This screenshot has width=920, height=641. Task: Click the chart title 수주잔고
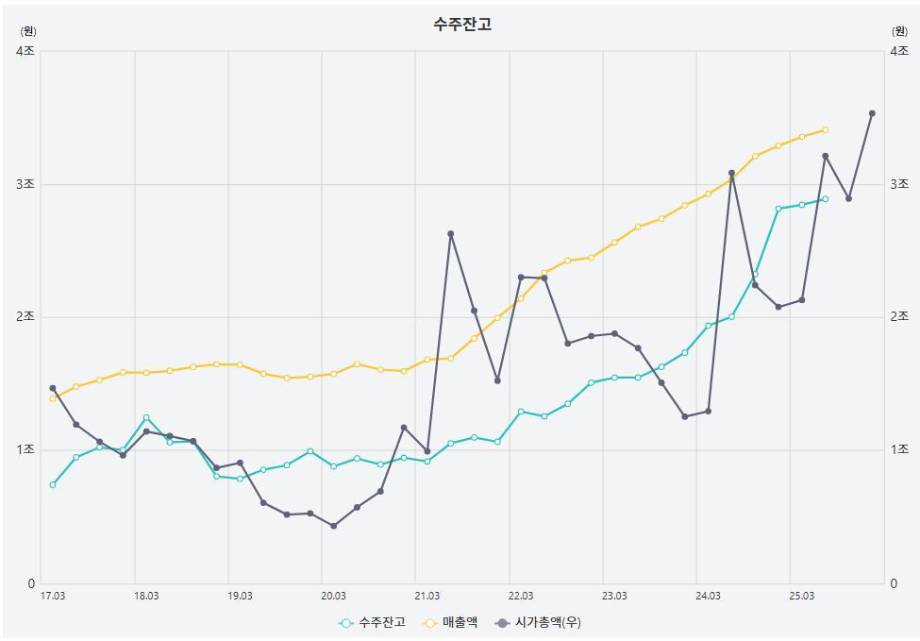[x=462, y=25]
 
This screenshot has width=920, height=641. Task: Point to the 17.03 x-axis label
[x=53, y=596]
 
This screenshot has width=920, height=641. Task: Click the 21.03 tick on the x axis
[x=427, y=596]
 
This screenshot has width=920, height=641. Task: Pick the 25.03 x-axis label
[x=801, y=596]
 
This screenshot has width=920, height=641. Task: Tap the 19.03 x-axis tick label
[x=240, y=596]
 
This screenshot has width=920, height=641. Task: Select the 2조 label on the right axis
[x=901, y=317]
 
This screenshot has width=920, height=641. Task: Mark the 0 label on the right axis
[x=894, y=583]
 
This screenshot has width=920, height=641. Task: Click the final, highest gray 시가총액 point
[x=872, y=113]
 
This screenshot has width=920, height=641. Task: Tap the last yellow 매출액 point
[x=825, y=129]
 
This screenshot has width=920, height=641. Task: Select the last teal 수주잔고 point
[x=825, y=199]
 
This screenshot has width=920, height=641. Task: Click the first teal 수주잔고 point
[x=53, y=484]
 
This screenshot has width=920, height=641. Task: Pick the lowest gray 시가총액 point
[x=333, y=526]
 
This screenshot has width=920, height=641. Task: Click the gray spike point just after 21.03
[x=451, y=234]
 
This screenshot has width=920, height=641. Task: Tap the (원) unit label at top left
[x=27, y=31]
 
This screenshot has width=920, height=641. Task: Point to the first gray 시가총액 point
[x=53, y=388]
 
